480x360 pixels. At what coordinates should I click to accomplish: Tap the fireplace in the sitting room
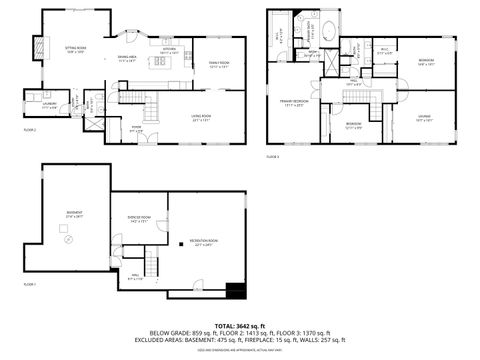(x=41, y=48)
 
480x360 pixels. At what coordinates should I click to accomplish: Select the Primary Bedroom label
(x=292, y=102)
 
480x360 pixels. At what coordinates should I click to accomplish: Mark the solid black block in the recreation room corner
(x=236, y=292)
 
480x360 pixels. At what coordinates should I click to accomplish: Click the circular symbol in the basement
(x=67, y=240)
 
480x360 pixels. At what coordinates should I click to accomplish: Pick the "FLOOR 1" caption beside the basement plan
(x=29, y=284)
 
